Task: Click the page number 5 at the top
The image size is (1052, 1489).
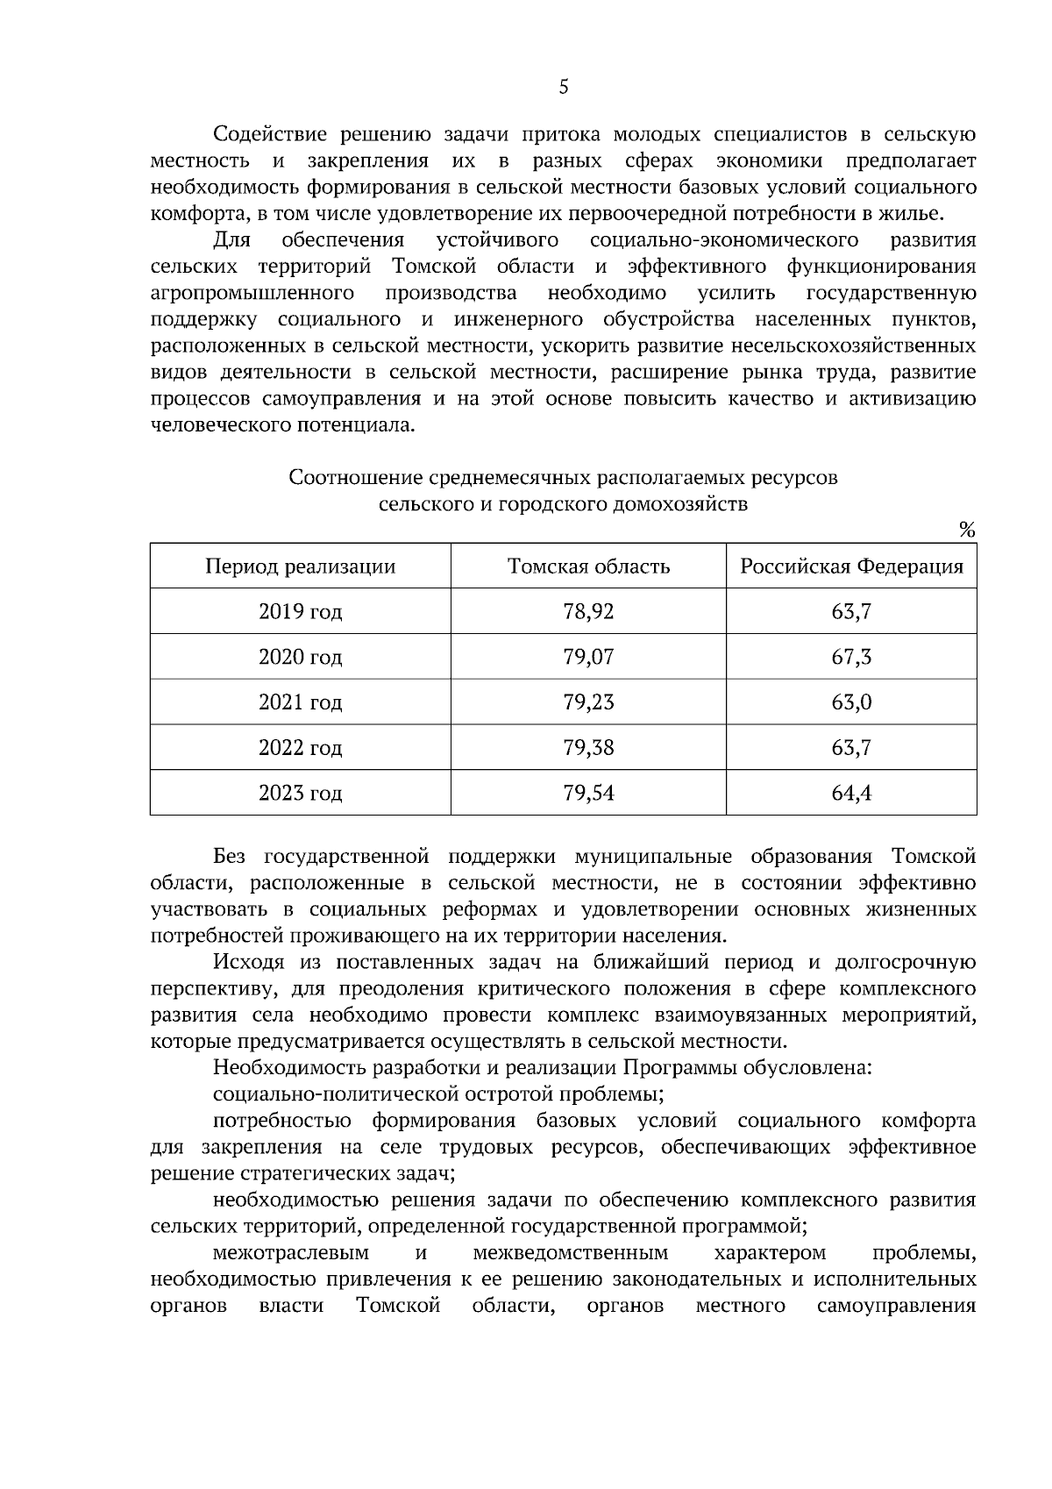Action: [x=563, y=86]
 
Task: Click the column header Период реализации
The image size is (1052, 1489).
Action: [x=300, y=566]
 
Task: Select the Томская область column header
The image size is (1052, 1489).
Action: [x=588, y=566]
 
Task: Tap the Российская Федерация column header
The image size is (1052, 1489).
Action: [x=851, y=566]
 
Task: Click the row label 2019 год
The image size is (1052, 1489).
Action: [x=300, y=611]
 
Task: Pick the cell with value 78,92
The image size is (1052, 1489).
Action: [x=588, y=611]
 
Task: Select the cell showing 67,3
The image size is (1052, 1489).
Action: [x=851, y=657]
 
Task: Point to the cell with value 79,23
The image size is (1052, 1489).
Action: [x=588, y=702]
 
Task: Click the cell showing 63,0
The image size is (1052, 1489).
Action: [x=851, y=702]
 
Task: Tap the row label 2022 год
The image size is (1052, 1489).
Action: [x=300, y=748]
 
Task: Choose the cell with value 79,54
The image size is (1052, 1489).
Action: [x=588, y=794]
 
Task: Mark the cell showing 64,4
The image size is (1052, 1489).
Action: [x=851, y=794]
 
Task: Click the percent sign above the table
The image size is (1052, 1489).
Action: [x=967, y=530]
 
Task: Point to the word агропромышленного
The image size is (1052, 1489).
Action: [x=252, y=292]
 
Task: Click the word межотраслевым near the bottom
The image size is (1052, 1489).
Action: [x=290, y=1252]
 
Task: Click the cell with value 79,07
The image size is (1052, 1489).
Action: [x=588, y=657]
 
